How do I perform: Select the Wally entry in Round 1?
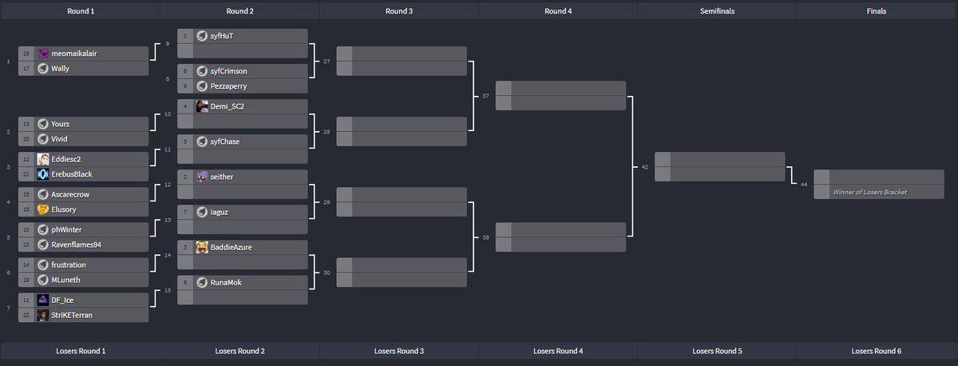[61, 69]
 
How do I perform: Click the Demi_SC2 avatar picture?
[203, 106]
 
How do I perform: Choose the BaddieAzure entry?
[231, 247]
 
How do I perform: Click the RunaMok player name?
[226, 282]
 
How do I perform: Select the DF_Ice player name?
[63, 300]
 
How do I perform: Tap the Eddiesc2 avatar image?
[43, 159]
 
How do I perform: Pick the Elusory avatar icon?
[43, 209]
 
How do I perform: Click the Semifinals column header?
[716, 11]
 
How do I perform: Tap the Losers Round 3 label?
[398, 351]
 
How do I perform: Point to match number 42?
[644, 167]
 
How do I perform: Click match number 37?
[485, 96]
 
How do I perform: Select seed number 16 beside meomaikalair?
[26, 54]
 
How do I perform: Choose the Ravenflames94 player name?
[78, 245]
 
